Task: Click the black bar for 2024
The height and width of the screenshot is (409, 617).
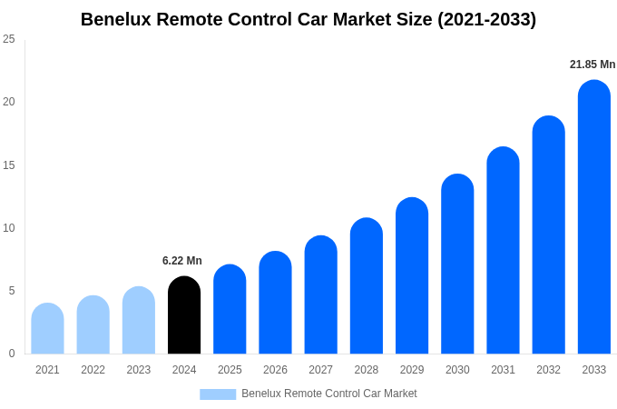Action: point(184,315)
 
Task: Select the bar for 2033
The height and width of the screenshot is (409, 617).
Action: point(593,218)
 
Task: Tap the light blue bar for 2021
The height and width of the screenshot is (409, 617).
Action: point(47,329)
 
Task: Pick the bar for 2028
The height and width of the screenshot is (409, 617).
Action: point(366,286)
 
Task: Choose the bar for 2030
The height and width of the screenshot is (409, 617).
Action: point(457,264)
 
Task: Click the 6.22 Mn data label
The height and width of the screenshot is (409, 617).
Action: point(182,261)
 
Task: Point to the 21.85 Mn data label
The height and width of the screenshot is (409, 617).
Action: point(593,65)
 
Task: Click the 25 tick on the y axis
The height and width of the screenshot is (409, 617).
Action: point(9,39)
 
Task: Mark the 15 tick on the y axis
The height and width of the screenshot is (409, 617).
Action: point(9,165)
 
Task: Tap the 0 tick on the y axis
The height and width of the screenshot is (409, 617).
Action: point(12,354)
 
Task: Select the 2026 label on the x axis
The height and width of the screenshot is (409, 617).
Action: point(275,370)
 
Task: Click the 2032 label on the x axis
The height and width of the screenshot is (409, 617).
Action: point(548,370)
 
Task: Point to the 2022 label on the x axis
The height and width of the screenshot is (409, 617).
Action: point(93,370)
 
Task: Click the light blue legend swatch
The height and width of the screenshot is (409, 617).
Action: point(218,394)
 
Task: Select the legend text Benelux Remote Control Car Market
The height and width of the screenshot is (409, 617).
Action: point(329,394)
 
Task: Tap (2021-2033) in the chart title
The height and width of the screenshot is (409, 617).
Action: point(487,19)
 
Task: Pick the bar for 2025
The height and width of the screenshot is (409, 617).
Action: point(230,310)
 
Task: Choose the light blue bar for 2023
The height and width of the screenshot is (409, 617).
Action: point(139,321)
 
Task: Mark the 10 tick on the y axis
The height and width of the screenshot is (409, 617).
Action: point(9,227)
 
